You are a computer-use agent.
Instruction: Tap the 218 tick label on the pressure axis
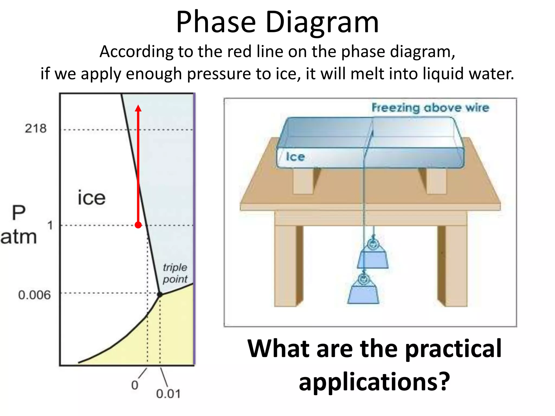coord(36,128)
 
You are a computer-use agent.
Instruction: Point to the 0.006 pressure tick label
coord(34,295)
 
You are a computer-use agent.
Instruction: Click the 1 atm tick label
coord(50,225)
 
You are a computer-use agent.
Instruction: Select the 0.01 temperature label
coord(168,394)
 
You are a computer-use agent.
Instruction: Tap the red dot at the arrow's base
coord(138,225)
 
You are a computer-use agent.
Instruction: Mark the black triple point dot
coord(160,294)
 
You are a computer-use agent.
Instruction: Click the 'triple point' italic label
coord(175,273)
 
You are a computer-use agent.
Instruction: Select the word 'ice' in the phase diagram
coord(91,198)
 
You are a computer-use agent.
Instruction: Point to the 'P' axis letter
coord(19,213)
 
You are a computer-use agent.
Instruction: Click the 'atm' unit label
coord(18,237)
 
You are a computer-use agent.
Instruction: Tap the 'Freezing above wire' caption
coord(430,108)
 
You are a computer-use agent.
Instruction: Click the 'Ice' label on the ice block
coord(295,157)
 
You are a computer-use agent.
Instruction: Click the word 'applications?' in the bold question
coord(374,381)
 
